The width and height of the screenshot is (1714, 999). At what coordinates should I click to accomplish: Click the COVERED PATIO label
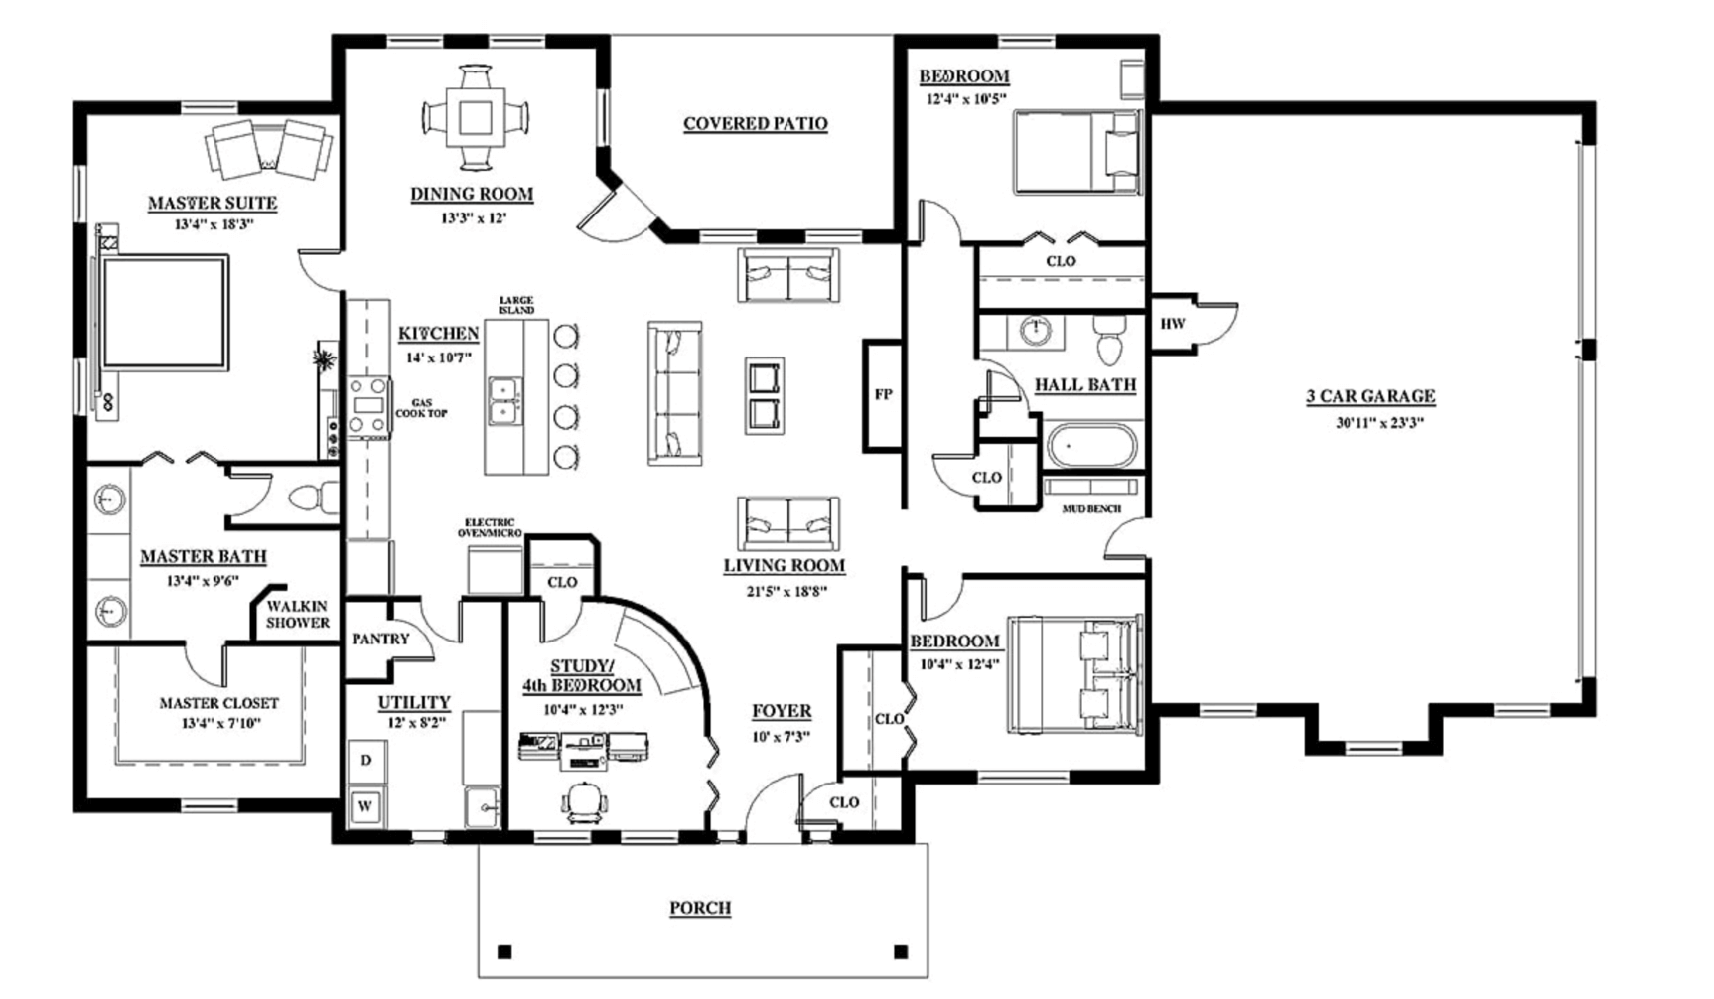(x=755, y=124)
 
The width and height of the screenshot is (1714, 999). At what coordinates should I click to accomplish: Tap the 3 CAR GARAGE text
(x=1369, y=397)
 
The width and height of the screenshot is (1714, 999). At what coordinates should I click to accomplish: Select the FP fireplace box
(x=883, y=394)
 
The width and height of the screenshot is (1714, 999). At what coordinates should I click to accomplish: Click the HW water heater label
(x=1173, y=324)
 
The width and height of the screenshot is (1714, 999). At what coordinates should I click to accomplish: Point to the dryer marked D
(x=366, y=761)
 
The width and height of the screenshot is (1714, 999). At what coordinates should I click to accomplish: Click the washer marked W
(x=365, y=805)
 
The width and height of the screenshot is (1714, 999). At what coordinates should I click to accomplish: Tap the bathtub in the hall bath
(x=1089, y=446)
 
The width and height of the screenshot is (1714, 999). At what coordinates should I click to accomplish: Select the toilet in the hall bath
(x=1107, y=343)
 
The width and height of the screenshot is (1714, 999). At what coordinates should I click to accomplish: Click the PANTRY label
(x=380, y=639)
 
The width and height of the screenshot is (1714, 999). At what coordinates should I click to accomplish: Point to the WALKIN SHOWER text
(x=297, y=614)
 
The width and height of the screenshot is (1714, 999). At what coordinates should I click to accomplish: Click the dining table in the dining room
(x=475, y=117)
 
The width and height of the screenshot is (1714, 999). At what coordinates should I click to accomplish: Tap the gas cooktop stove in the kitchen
(x=367, y=406)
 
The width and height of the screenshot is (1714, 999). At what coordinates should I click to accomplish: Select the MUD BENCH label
(x=1092, y=509)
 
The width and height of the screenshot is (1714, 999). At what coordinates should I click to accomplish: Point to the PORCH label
(x=700, y=907)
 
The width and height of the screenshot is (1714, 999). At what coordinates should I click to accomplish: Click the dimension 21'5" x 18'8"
(x=783, y=591)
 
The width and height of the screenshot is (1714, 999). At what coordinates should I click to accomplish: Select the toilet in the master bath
(x=311, y=495)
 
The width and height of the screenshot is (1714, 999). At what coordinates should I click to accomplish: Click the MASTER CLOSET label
(x=218, y=703)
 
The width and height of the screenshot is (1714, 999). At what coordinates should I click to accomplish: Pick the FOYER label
(x=781, y=711)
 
